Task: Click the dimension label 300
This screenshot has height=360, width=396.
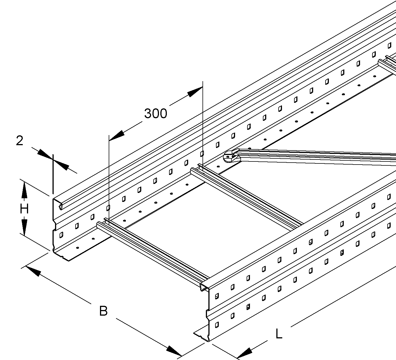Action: [x=156, y=113]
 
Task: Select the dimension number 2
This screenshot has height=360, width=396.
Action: [x=19, y=141]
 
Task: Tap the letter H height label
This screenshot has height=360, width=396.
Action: [x=24, y=209]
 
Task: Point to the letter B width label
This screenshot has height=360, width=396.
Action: [x=104, y=311]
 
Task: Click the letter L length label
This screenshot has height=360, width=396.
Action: [x=279, y=334]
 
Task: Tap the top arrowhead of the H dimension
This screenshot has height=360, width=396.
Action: [x=24, y=190]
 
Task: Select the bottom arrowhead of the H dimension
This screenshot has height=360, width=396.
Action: [x=24, y=227]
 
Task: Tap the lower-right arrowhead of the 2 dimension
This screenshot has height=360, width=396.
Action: [x=61, y=165]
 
